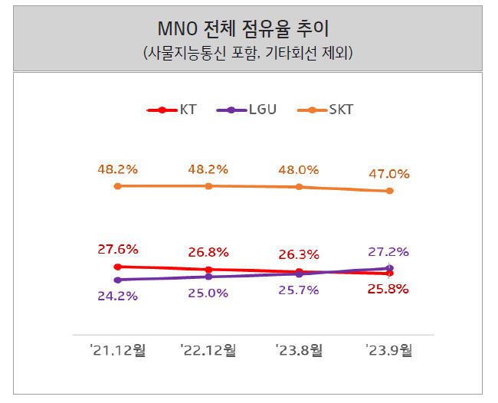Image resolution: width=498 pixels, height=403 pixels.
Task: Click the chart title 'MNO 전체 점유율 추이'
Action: pyautogui.click(x=247, y=31)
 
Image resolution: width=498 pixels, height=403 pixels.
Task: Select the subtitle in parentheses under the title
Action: pyautogui.click(x=247, y=54)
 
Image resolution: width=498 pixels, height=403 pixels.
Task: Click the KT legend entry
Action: pyautogui.click(x=172, y=110)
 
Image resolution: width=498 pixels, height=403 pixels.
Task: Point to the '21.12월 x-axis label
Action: pyautogui.click(x=117, y=350)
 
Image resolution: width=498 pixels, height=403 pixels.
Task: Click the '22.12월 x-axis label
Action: pyautogui.click(x=208, y=350)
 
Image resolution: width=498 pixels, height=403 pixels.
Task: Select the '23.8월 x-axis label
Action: pyautogui.click(x=299, y=350)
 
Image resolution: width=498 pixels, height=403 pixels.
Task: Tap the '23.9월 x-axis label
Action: pyautogui.click(x=389, y=350)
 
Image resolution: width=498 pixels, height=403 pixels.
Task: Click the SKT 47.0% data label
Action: pyautogui.click(x=389, y=174)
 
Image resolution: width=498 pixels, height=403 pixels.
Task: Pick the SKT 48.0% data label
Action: pyautogui.click(x=299, y=169)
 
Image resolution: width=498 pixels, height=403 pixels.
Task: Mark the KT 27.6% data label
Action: pyautogui.click(x=117, y=249)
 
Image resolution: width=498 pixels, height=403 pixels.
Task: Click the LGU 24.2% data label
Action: pyautogui.click(x=117, y=296)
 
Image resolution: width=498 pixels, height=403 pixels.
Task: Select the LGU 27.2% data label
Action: pyautogui.click(x=389, y=251)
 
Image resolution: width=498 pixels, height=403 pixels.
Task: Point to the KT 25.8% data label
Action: pyautogui.click(x=389, y=290)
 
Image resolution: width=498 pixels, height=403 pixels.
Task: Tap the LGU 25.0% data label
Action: pyautogui.click(x=208, y=293)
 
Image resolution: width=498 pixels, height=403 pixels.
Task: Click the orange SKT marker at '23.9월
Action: pyautogui.click(x=389, y=191)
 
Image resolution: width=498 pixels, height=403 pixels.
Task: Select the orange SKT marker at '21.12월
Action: pyautogui.click(x=117, y=185)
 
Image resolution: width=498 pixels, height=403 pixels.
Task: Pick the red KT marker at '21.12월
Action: pyautogui.click(x=117, y=267)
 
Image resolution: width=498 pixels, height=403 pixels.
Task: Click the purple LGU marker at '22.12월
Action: pyautogui.click(x=208, y=277)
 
